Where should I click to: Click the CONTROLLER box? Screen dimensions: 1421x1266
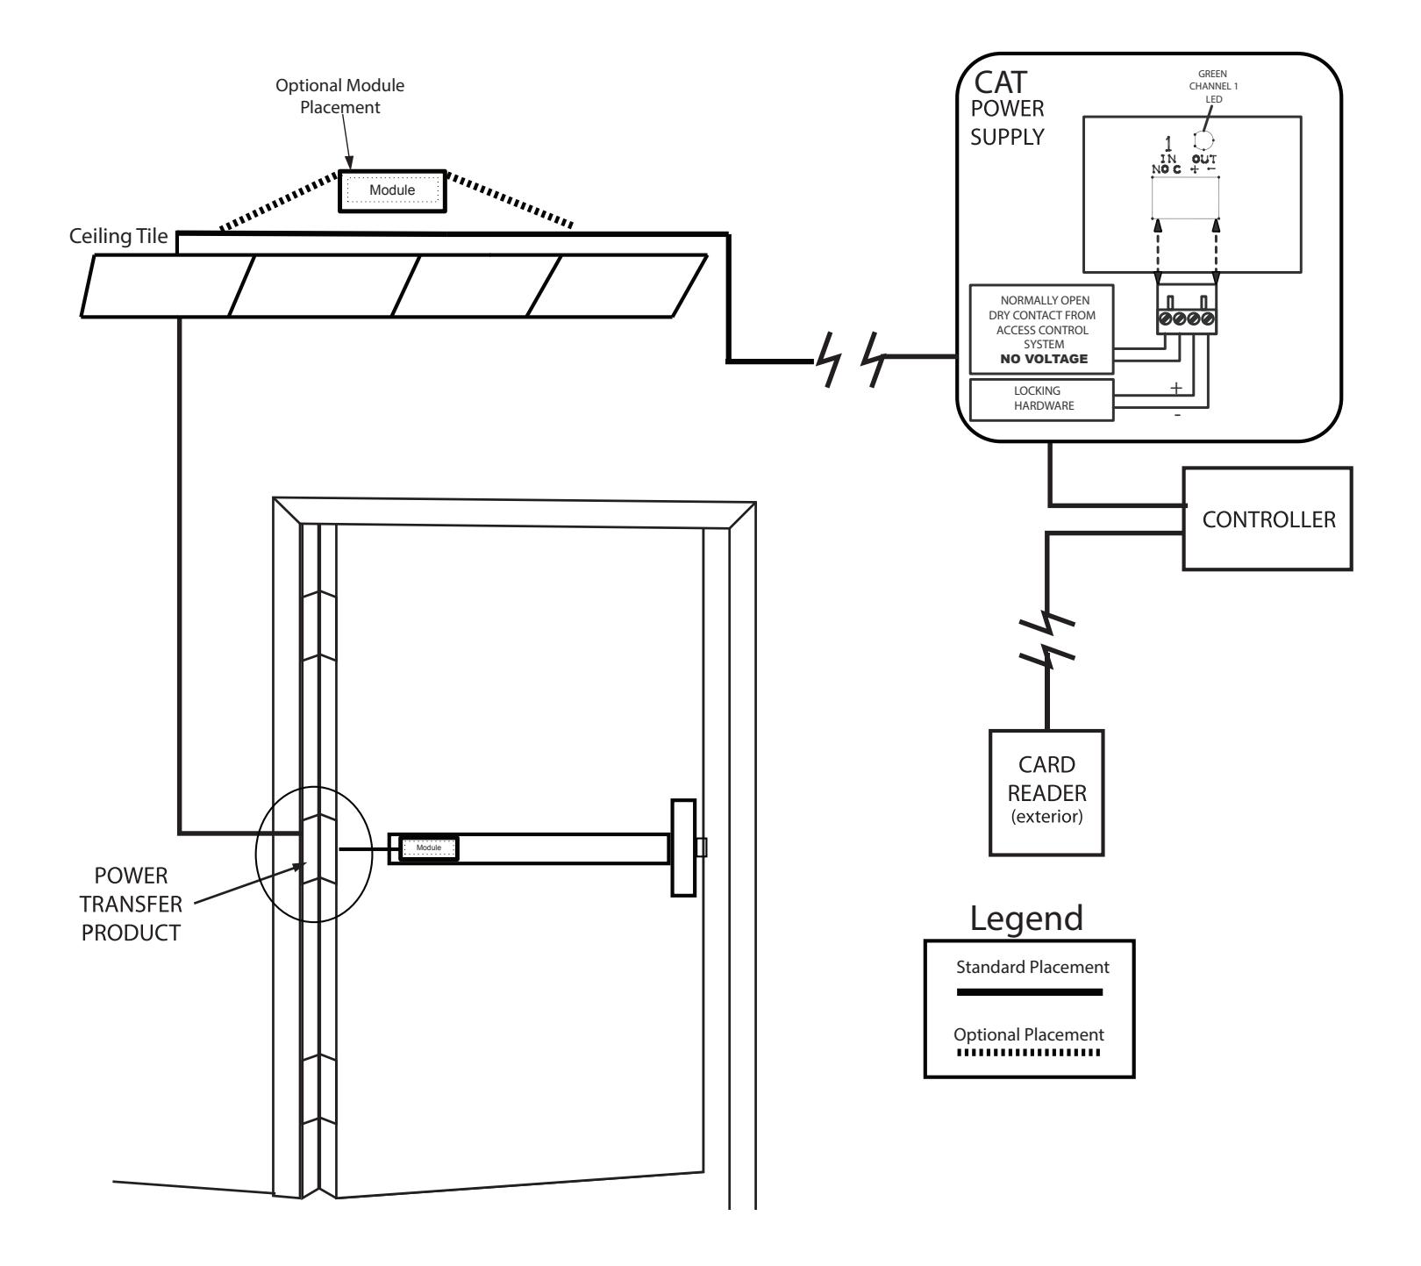(1267, 519)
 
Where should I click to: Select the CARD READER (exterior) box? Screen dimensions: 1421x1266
(1046, 792)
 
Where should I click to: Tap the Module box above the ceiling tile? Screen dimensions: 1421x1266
(392, 190)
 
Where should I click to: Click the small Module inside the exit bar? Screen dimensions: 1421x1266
(429, 848)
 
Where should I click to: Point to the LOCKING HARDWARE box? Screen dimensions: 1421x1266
(1041, 399)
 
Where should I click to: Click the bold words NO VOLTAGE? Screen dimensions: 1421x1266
(1041, 358)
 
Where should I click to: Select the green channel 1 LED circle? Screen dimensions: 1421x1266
(1202, 140)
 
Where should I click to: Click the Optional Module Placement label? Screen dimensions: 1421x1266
(340, 95)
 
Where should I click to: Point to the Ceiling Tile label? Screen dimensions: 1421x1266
(118, 239)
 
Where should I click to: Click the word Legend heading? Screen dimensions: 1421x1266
(1026, 918)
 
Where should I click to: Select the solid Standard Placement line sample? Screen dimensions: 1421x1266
(1029, 991)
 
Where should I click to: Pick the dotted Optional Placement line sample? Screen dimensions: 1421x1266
(1028, 1052)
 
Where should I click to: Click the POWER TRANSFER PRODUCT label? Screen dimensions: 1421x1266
(132, 904)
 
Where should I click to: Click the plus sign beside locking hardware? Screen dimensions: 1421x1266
(1176, 388)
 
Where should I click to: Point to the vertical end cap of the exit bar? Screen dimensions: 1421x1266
(682, 848)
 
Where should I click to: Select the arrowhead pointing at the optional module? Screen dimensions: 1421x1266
(349, 162)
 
